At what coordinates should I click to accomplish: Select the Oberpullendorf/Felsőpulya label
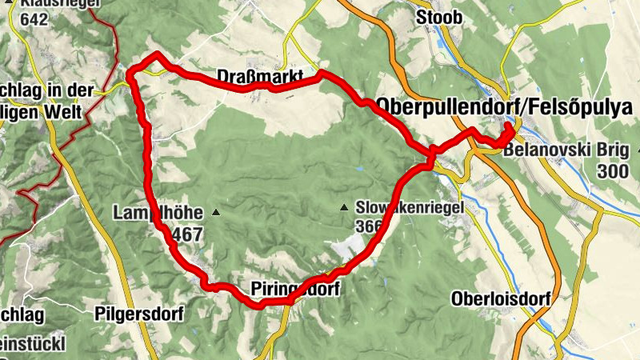[510, 107]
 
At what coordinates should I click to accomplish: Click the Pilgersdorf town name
[139, 313]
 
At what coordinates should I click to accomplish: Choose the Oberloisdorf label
[501, 299]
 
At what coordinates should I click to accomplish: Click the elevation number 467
[186, 234]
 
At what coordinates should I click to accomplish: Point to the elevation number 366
[369, 226]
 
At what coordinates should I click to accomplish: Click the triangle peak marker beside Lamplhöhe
[215, 213]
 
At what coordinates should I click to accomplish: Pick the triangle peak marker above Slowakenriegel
[344, 207]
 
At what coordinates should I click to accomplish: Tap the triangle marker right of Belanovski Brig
[638, 150]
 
